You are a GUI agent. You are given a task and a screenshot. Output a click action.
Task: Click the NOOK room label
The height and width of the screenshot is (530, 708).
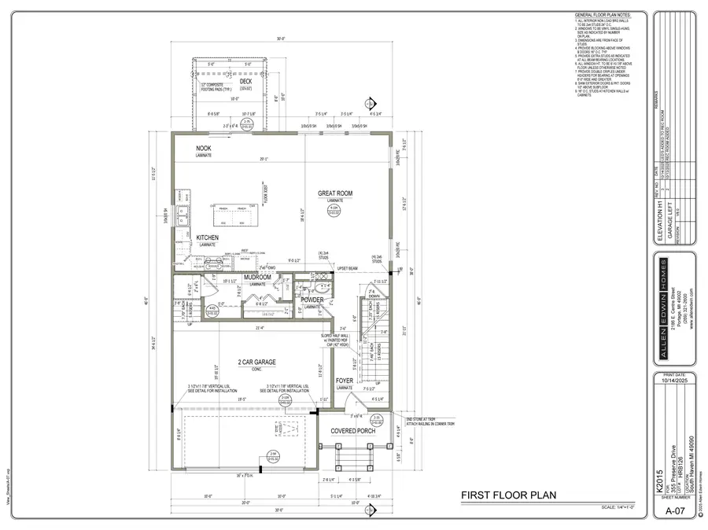[x=204, y=148]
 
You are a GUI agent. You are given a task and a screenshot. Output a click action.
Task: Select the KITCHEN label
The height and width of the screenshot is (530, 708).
[x=207, y=237]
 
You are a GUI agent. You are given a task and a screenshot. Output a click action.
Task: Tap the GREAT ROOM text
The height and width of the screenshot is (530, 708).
[x=335, y=193]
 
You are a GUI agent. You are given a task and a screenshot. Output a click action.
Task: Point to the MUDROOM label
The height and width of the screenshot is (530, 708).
[x=257, y=278]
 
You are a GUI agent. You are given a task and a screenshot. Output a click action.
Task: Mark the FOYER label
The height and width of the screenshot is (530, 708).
[x=345, y=381]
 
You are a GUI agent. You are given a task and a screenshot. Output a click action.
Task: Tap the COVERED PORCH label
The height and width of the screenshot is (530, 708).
[x=352, y=431]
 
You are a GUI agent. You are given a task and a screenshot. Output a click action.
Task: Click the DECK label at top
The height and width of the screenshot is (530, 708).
[x=245, y=81]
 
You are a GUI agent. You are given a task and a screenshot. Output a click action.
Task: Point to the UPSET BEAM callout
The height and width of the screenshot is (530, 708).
[x=348, y=268]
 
